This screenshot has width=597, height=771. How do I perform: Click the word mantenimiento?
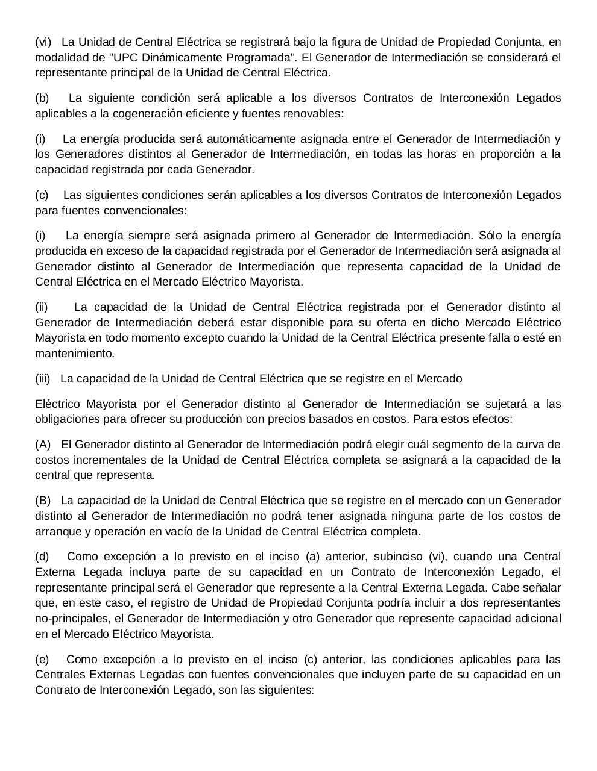(x=74, y=353)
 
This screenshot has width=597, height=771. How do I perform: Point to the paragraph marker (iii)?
(x=43, y=379)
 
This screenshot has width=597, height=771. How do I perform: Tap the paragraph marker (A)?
(x=43, y=445)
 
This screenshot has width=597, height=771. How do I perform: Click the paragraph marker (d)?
(x=42, y=557)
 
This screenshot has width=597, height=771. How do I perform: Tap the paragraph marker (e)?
(x=42, y=659)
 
